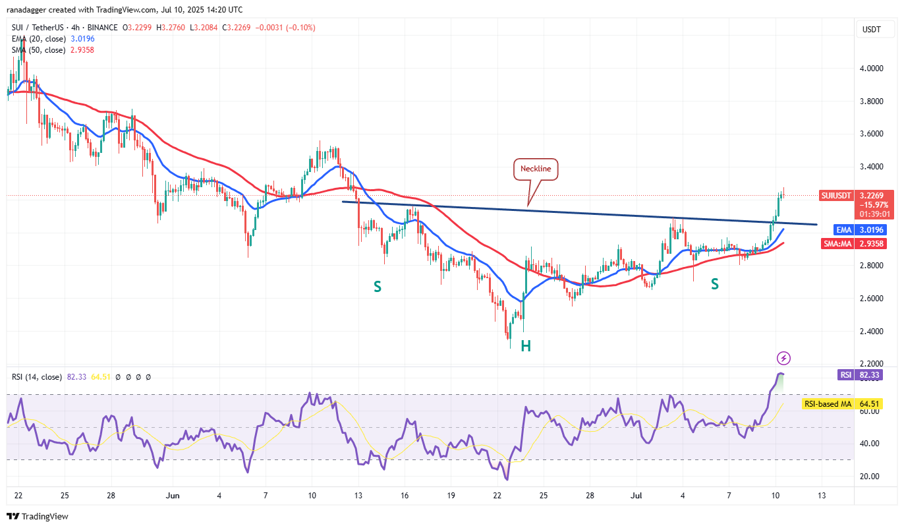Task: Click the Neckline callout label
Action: pyautogui.click(x=536, y=169)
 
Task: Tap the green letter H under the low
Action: pyautogui.click(x=526, y=346)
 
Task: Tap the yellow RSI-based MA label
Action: pyautogui.click(x=827, y=404)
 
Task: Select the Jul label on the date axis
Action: pyautogui.click(x=636, y=494)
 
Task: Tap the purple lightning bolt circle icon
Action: pyautogui.click(x=783, y=359)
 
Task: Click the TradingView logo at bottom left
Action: pyautogui.click(x=38, y=517)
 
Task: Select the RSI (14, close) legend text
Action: pyautogui.click(x=37, y=377)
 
